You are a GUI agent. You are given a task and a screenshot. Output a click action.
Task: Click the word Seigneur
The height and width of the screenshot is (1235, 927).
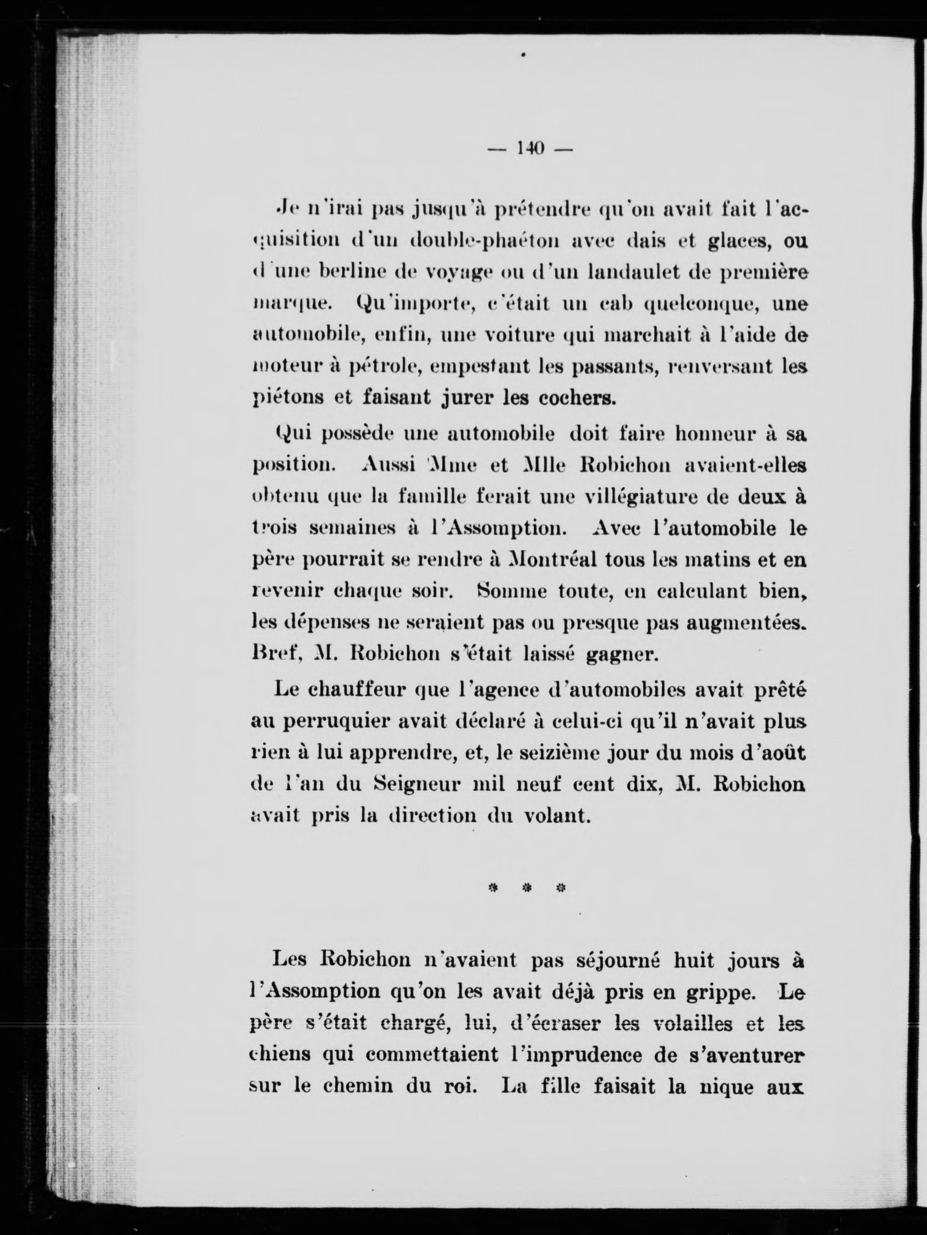(415, 784)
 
